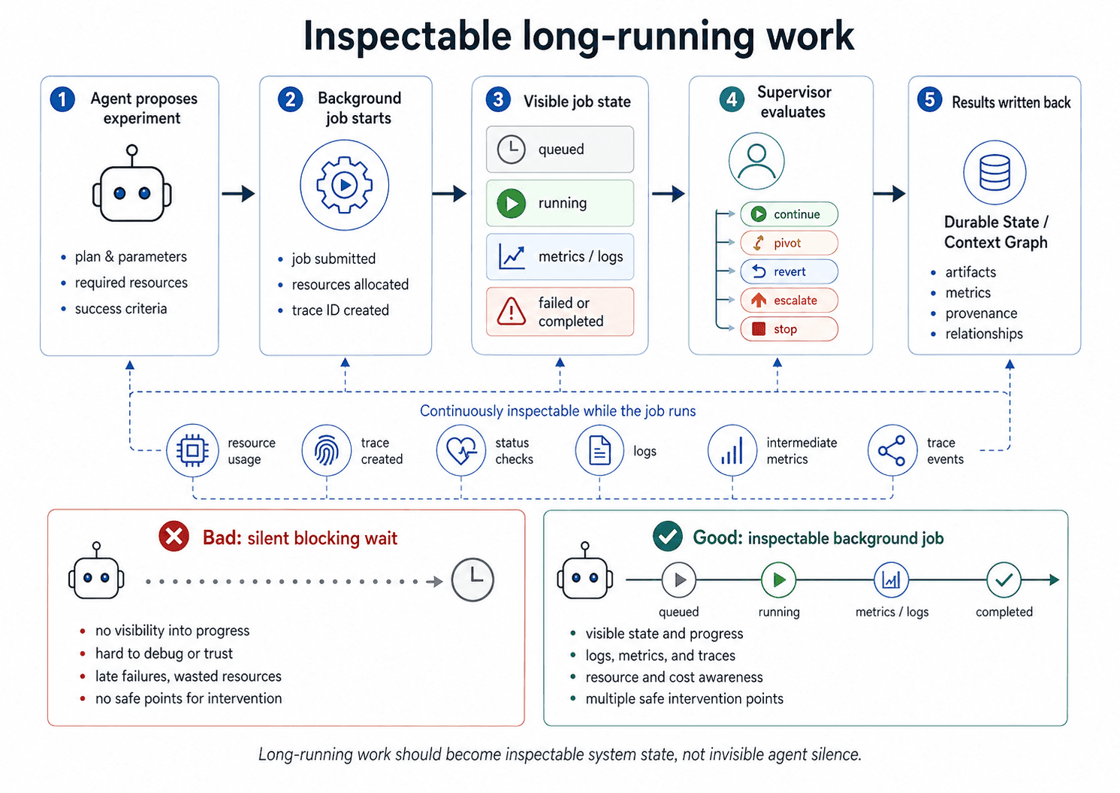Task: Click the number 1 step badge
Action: tap(62, 99)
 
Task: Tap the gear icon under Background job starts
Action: tap(345, 185)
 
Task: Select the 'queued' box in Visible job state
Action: tap(560, 150)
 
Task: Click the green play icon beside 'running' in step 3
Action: tap(512, 203)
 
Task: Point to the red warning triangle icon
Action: tap(512, 311)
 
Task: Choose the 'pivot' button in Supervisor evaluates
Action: tap(789, 243)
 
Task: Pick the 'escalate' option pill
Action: tap(789, 301)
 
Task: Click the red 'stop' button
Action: tap(789, 329)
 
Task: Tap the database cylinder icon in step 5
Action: tap(995, 173)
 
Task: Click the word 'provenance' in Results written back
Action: tap(981, 313)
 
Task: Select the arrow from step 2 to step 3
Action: tap(449, 194)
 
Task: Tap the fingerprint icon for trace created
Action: tap(327, 451)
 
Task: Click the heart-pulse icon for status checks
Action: tap(461, 451)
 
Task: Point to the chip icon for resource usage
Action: tap(192, 451)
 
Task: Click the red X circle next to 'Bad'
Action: tap(174, 537)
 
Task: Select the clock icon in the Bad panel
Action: tap(472, 580)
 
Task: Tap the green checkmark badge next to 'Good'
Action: tap(668, 537)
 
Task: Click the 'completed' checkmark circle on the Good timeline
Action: tap(1004, 580)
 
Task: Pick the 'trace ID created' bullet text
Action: tap(340, 310)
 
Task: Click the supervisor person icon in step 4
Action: tap(756, 161)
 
